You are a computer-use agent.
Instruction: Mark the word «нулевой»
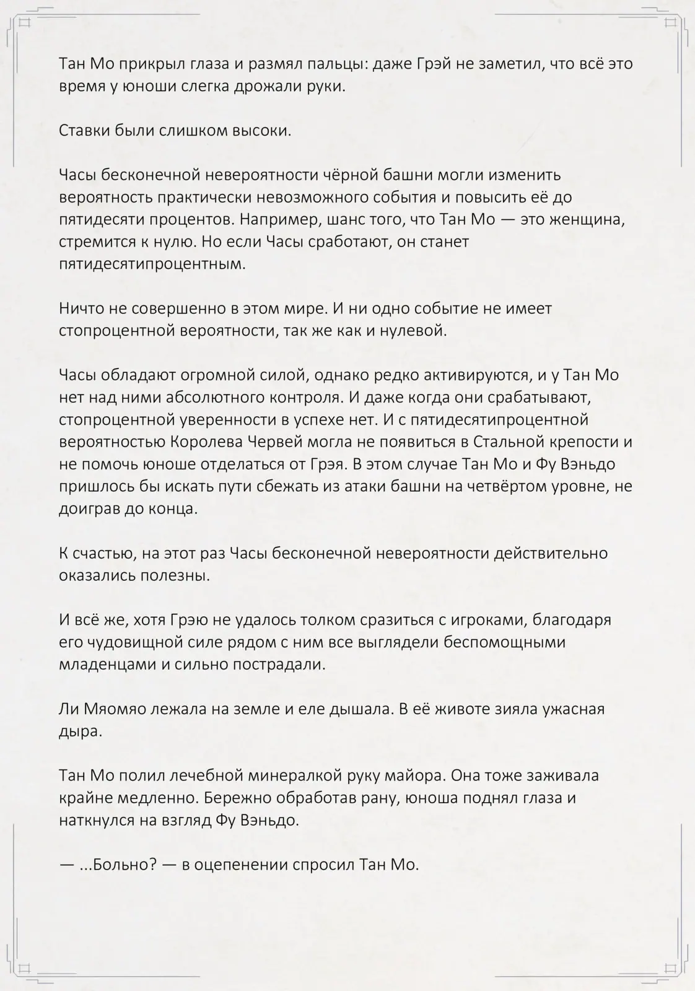[x=414, y=330]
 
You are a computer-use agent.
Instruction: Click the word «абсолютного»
[x=191, y=397]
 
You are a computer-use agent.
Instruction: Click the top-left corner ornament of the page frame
[x=25, y=23]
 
